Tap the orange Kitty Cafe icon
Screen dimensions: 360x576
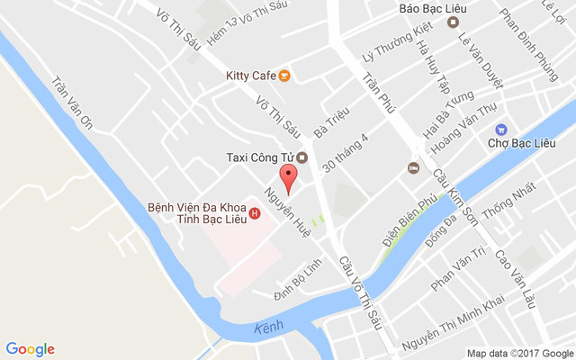tap(284, 75)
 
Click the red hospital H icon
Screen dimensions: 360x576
tap(255, 213)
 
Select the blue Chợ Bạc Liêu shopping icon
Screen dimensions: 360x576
tap(501, 129)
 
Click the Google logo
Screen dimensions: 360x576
tap(31, 349)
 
